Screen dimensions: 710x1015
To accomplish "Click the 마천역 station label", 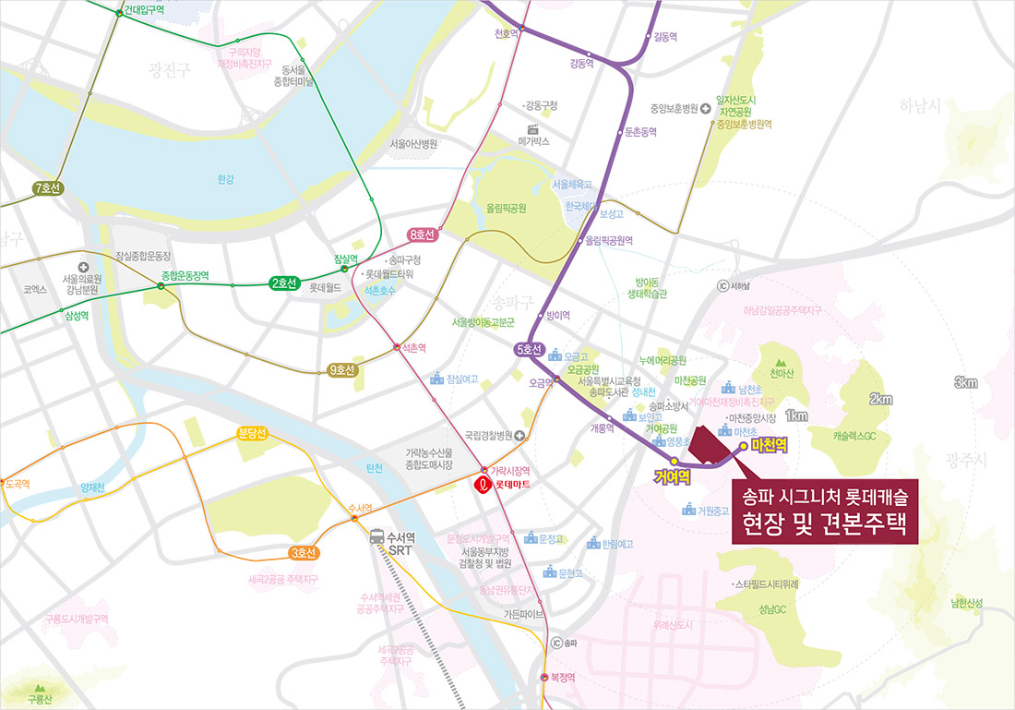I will click(769, 445).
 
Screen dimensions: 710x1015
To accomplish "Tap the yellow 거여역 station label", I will click(673, 475).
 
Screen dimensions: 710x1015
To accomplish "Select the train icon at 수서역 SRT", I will click(377, 538).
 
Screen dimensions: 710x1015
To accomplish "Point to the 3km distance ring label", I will click(966, 383).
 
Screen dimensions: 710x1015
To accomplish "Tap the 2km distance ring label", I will click(880, 399).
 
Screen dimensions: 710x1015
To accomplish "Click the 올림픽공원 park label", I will click(506, 208).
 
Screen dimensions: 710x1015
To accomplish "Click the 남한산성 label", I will click(966, 603).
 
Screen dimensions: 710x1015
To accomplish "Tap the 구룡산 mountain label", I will click(39, 700).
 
